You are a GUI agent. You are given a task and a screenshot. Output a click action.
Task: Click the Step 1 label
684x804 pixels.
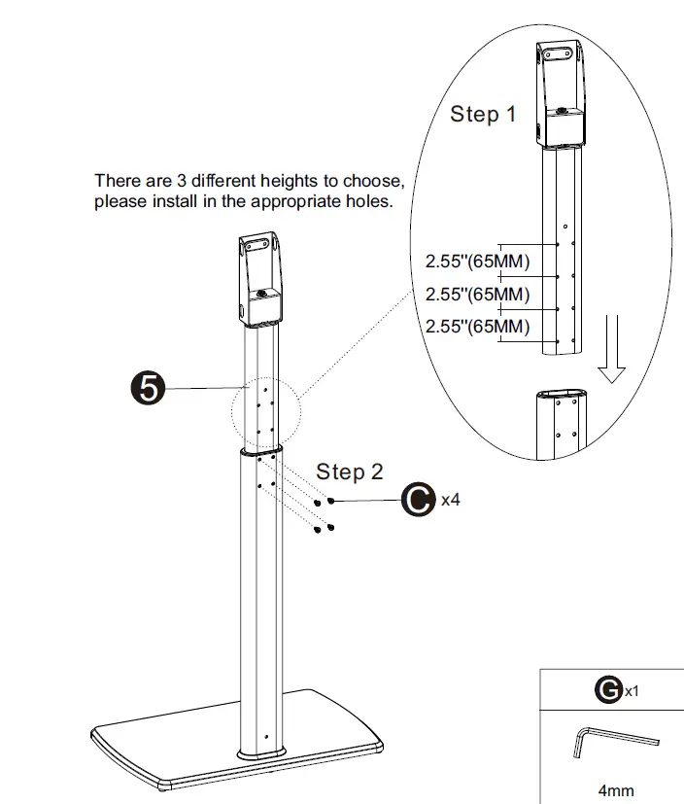point(483,115)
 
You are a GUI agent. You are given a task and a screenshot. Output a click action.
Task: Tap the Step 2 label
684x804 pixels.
point(349,472)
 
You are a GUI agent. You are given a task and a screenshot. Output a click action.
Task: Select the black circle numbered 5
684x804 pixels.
point(148,389)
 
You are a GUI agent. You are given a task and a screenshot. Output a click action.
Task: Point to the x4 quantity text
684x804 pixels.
point(450,501)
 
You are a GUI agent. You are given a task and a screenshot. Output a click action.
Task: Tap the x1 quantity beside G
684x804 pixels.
point(632,692)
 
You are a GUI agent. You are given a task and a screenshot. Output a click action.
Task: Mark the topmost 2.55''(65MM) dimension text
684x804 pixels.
point(477,262)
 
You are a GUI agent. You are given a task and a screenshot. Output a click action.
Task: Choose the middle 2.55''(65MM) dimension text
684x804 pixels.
point(477,294)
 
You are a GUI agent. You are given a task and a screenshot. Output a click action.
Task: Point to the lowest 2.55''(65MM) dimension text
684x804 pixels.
point(477,327)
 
